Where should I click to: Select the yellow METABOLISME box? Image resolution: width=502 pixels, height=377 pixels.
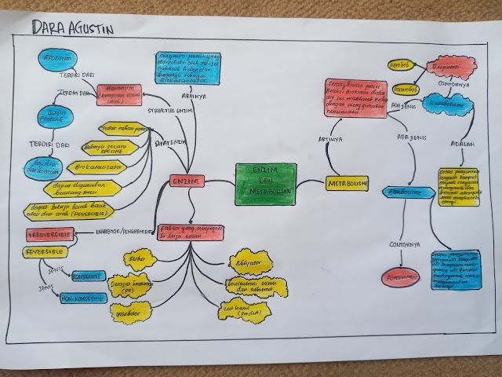click(347, 183)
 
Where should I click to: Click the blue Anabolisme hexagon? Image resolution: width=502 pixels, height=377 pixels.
click(408, 192)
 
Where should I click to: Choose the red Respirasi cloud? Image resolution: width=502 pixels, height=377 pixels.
click(451, 66)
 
